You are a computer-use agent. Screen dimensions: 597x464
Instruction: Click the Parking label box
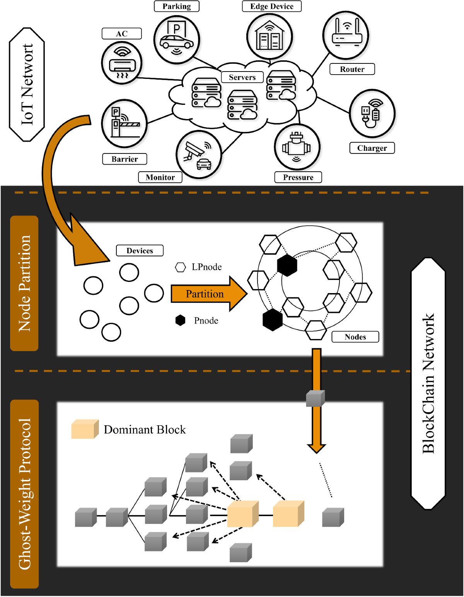point(176,6)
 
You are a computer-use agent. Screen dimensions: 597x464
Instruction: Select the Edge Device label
point(271,6)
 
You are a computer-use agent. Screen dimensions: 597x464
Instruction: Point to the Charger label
point(372,148)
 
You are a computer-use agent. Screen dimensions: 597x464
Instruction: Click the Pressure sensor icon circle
point(297,147)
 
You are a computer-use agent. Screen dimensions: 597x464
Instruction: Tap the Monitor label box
point(160,177)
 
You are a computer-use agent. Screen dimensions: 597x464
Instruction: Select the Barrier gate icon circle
point(124,123)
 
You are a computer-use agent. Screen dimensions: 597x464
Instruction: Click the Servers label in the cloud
point(242,77)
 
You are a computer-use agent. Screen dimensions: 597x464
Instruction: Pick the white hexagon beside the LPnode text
point(181,267)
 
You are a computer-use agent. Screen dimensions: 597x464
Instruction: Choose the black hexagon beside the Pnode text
point(181,320)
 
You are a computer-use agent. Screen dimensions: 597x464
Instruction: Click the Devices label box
point(140,251)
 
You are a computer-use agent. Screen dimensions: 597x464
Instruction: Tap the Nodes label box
point(355,337)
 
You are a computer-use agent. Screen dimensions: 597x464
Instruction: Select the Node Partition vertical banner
point(24,283)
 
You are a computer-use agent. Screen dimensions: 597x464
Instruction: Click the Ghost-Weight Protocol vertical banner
point(24,494)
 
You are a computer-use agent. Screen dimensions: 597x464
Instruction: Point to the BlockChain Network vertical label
point(428,383)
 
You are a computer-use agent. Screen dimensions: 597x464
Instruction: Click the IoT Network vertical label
point(27,84)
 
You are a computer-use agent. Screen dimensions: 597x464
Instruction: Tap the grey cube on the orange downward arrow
point(315,399)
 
